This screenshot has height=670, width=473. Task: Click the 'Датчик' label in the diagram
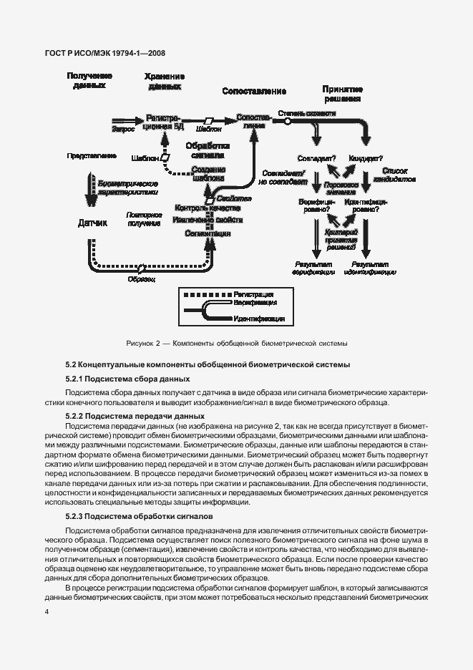coord(92,223)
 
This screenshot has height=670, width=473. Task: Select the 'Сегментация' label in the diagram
coord(208,233)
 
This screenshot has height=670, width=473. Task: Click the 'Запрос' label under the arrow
coord(123,130)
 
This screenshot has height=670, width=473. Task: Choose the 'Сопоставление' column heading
coord(254,92)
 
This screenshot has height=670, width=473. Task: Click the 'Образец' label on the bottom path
coord(142,278)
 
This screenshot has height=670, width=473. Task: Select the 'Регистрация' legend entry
coord(253,294)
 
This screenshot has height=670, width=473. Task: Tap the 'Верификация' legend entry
coord(254,304)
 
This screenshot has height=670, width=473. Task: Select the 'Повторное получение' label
coord(144,219)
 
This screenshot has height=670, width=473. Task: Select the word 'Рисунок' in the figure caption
coord(141,342)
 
